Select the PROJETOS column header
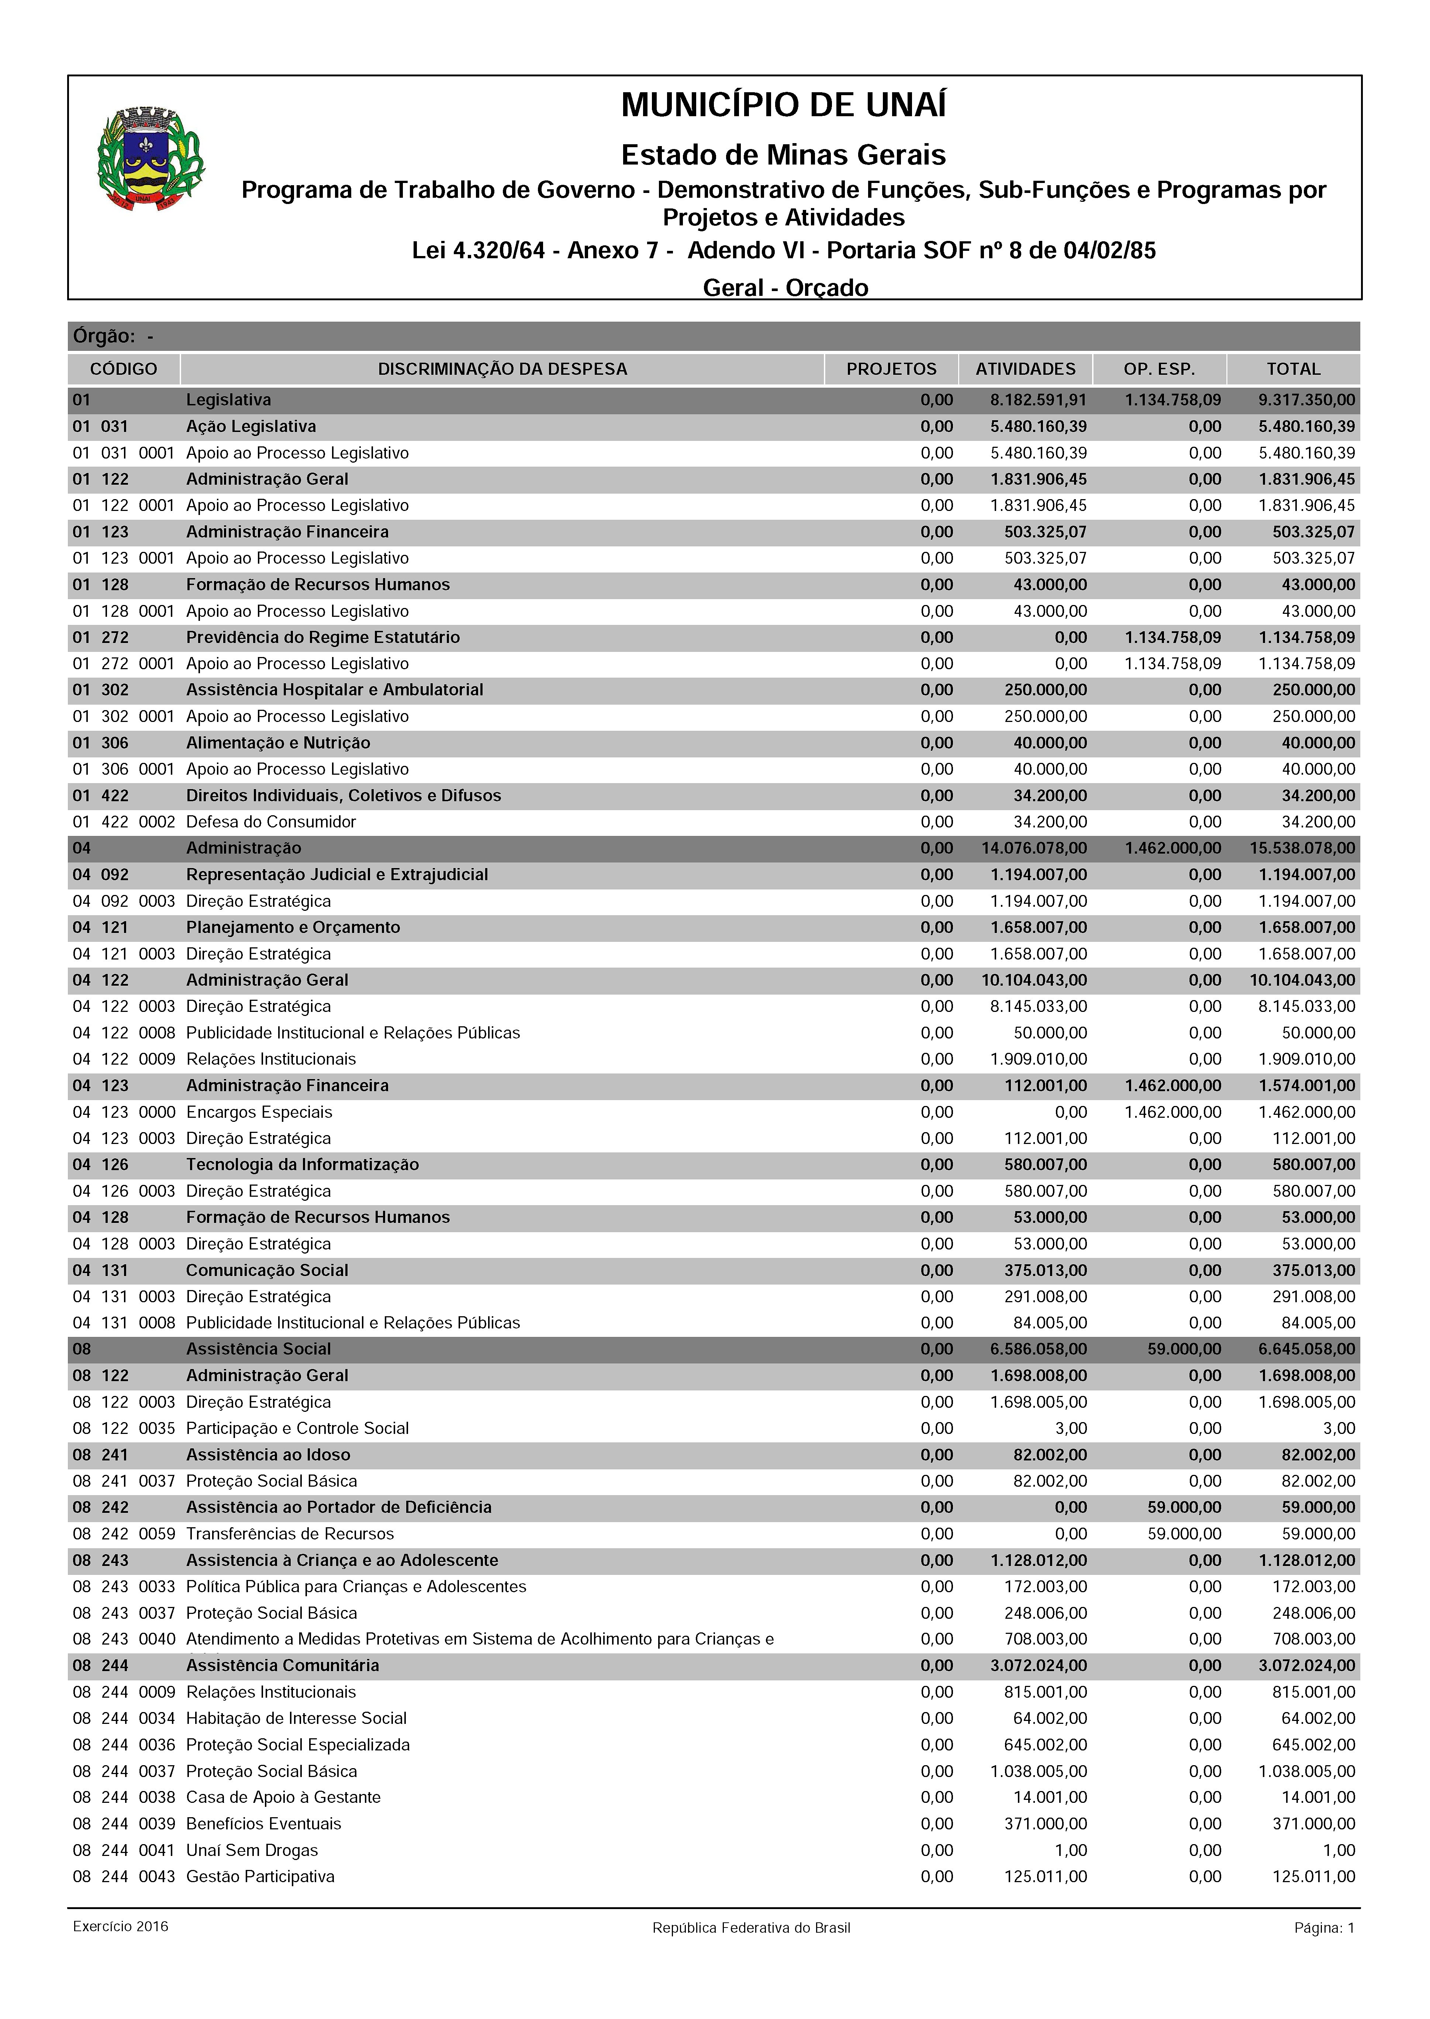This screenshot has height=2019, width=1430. tap(891, 369)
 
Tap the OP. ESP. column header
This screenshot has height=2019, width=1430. tap(1159, 369)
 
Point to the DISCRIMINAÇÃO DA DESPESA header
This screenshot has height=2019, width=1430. tap(502, 369)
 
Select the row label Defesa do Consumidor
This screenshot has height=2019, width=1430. tap(271, 822)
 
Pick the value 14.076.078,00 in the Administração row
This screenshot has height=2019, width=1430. tap(1034, 848)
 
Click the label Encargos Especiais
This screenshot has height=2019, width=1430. tap(259, 1112)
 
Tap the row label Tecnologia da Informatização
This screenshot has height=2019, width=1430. tap(302, 1164)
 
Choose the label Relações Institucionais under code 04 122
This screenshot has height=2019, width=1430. tap(271, 1059)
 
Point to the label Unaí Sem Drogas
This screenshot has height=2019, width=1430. tap(252, 1850)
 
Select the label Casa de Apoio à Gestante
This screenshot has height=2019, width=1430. tap(284, 1797)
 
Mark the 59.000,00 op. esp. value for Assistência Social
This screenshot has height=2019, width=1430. tap(1184, 1349)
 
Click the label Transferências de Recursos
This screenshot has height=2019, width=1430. tap(290, 1534)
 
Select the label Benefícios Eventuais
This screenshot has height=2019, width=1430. tap(263, 1823)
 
